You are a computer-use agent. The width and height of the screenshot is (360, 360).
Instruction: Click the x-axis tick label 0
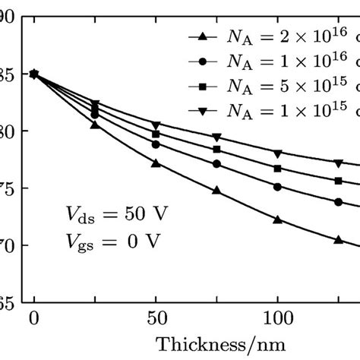tap(34, 318)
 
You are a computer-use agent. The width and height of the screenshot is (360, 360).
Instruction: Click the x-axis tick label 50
tap(155, 318)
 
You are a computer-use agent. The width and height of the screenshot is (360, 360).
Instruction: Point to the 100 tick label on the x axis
tap(277, 318)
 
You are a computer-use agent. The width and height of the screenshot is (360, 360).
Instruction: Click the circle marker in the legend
tap(201, 61)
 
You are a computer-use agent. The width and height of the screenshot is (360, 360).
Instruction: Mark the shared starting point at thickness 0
tap(34, 74)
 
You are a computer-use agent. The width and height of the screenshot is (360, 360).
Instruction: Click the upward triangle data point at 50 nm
tap(156, 163)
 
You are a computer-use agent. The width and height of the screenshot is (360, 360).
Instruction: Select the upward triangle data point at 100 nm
tap(277, 219)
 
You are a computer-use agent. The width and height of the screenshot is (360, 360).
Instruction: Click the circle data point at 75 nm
tap(216, 164)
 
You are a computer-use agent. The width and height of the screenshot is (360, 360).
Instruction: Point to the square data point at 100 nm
tap(277, 169)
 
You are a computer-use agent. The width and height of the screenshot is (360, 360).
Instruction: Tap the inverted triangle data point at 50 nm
tap(156, 125)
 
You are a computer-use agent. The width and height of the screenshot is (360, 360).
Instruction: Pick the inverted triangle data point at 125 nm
tap(338, 163)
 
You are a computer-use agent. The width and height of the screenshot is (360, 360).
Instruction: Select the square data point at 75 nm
tap(216, 150)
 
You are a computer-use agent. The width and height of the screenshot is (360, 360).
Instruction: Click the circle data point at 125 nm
tap(338, 201)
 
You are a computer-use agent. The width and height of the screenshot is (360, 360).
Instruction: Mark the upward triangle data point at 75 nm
tap(216, 191)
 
